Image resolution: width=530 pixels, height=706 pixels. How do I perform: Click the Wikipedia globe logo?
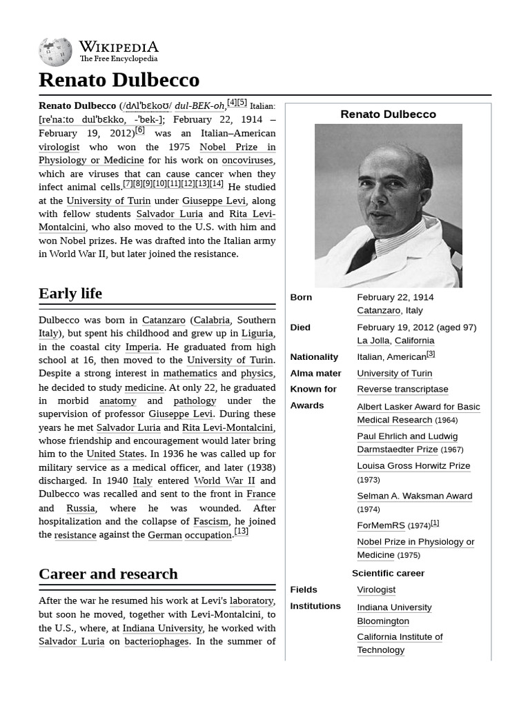point(55,52)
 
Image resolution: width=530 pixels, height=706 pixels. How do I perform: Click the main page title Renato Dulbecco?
point(119,80)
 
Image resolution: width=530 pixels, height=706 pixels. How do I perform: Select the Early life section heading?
point(70,293)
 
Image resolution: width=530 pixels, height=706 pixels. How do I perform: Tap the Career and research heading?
point(108,574)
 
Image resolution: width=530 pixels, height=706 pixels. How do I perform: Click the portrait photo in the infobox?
point(388,205)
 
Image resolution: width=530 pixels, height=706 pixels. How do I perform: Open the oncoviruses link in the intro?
point(247,160)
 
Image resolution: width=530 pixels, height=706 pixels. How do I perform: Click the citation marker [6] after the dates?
point(140,130)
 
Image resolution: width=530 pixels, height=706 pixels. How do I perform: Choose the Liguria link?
point(257,333)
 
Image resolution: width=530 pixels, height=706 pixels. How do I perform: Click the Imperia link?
point(142,347)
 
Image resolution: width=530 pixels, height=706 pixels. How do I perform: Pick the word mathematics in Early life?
point(190,373)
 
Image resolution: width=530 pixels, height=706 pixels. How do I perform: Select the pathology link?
point(195,401)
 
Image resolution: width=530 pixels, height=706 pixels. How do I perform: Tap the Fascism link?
point(210,521)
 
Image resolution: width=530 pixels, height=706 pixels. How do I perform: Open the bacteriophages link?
point(157,641)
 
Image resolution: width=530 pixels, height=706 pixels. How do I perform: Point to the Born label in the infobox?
point(301,297)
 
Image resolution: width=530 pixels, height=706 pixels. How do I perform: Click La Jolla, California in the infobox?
point(395,341)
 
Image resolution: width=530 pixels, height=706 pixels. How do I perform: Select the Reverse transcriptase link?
point(402,390)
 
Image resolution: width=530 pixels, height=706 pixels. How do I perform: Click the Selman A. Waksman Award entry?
point(414,496)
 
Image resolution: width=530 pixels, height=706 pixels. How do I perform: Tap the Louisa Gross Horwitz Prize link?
point(413,466)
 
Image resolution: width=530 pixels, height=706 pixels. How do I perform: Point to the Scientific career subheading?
point(388,573)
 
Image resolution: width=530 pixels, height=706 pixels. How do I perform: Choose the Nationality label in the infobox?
point(314,357)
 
